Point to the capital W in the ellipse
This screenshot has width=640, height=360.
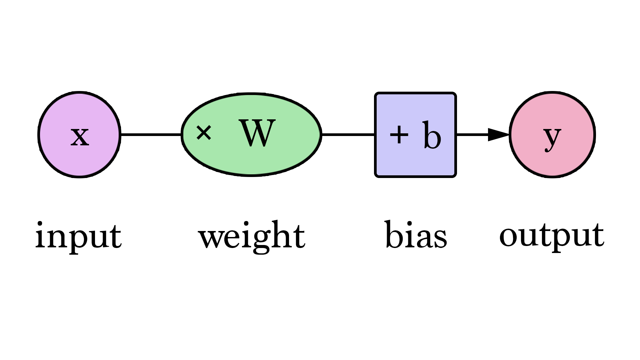click(257, 133)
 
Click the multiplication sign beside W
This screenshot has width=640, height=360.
click(204, 132)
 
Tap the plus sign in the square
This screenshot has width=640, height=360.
click(399, 135)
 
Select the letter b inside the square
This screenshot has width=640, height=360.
click(432, 135)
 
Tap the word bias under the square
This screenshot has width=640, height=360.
click(416, 235)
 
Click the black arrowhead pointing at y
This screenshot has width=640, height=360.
click(498, 135)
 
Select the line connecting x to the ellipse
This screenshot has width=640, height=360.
click(151, 135)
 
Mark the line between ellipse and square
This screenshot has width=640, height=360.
click(348, 135)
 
